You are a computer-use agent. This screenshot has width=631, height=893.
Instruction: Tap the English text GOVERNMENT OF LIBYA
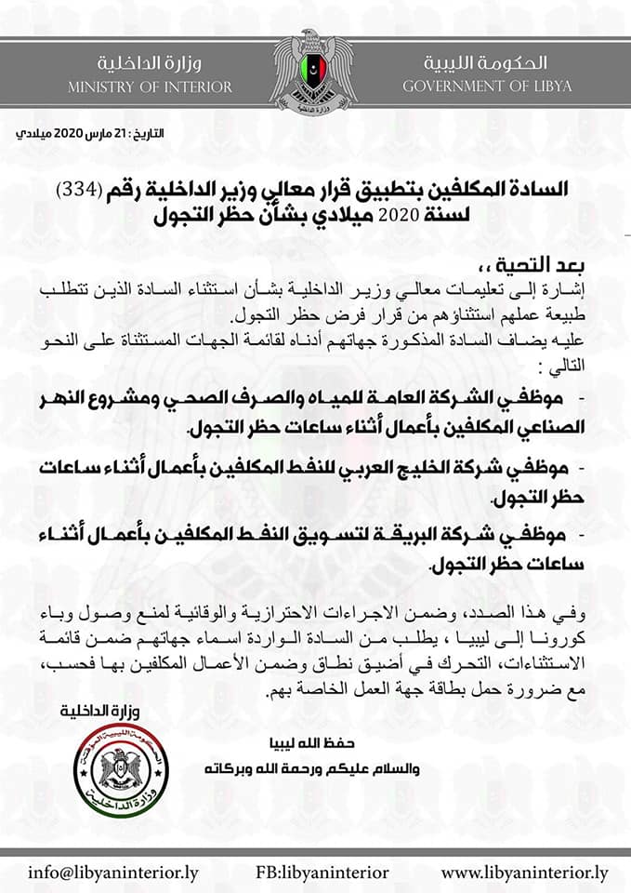[487, 87]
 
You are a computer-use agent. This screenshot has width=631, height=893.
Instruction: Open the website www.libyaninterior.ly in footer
[525, 873]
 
